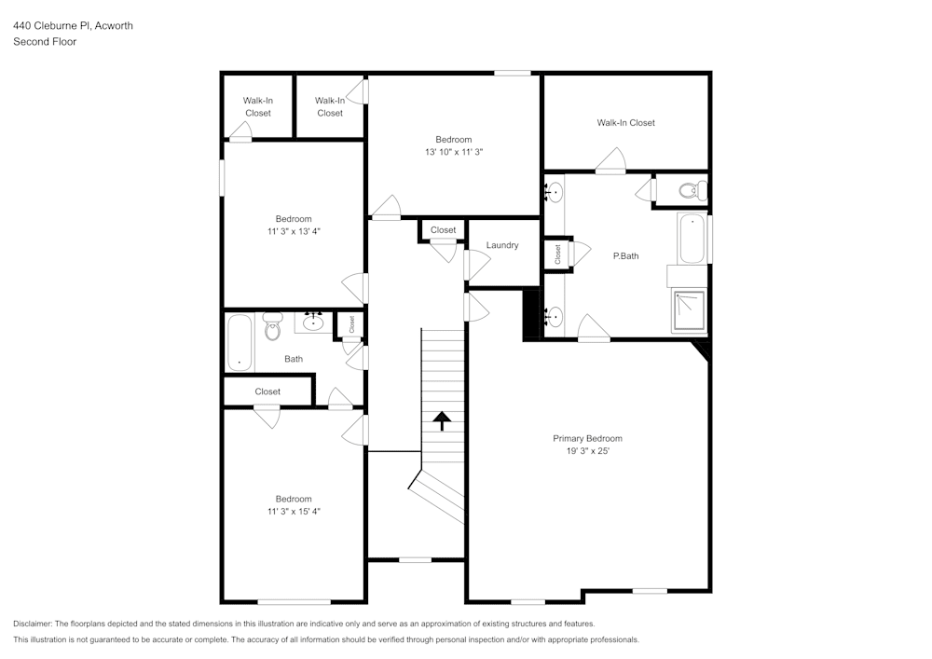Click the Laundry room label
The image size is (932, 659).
coord(502,245)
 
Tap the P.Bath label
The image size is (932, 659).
coord(626,256)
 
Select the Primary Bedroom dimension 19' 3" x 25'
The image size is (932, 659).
coord(588,451)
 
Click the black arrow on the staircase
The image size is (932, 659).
coord(442,420)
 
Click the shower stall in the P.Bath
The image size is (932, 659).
coord(689,310)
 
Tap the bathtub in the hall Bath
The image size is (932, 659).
coord(240,343)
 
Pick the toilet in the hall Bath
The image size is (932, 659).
coord(273,326)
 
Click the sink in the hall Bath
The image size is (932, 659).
coord(313,323)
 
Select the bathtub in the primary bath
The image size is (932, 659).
coord(692,239)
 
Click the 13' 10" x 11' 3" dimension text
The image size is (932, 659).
coord(454,152)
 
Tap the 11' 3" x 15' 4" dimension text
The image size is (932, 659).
coord(294,511)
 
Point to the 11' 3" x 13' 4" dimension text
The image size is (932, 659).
coord(294,231)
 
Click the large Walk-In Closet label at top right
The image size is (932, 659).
coord(626,123)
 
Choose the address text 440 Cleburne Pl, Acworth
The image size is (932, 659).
coord(73,25)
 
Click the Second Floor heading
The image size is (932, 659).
coord(45,42)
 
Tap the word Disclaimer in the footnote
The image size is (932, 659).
coord(33,624)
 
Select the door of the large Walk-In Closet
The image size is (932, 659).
coord(611,161)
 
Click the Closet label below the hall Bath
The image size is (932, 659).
coord(267,391)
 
